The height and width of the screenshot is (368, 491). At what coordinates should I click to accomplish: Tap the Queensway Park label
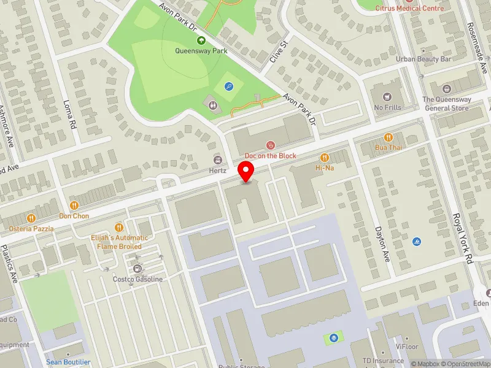point(201,52)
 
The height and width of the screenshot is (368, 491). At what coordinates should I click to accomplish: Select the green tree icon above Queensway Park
point(201,40)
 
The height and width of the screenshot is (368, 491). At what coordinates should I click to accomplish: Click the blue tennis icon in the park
point(229,86)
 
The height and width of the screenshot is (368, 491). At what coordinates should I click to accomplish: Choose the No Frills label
point(387,108)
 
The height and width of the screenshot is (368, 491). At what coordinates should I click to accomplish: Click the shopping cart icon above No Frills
point(387,96)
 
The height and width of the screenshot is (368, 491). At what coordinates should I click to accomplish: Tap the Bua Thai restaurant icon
point(389,137)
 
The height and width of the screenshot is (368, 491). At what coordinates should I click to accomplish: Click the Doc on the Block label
point(270,156)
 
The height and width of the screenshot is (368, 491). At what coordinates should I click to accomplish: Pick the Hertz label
point(218,171)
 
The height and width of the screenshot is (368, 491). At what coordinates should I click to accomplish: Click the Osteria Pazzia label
point(31,229)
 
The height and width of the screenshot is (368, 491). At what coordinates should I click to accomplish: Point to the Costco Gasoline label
point(137,279)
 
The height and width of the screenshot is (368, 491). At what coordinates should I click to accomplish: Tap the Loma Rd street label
point(69,113)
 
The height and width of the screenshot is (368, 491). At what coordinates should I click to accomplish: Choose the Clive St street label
point(278,53)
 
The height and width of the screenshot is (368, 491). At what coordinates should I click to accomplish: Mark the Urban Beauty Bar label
point(423,59)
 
